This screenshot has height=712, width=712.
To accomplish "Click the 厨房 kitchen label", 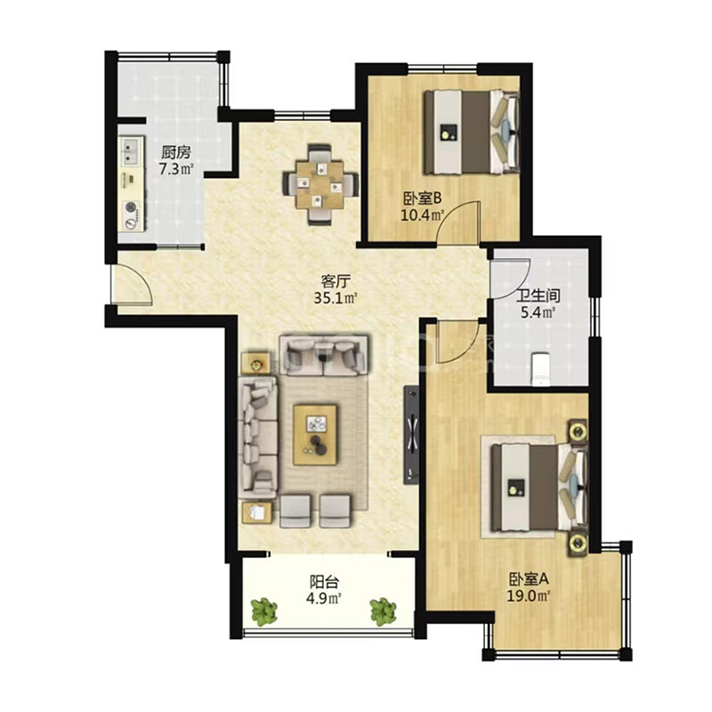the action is tap(175, 153).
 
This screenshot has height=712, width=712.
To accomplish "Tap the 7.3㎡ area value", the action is tap(176, 169).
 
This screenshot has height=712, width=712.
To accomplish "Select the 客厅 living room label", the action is tap(336, 282).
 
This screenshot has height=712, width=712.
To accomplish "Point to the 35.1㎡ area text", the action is tap(336, 298).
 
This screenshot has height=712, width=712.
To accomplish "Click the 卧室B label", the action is tap(422, 198).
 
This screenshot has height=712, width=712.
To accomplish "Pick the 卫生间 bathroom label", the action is tap(538, 296).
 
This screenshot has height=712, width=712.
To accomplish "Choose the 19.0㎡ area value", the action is tap(529, 595).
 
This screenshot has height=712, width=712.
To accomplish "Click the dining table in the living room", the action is tap(320, 184).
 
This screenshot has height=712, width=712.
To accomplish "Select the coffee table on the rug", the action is tap(315, 434).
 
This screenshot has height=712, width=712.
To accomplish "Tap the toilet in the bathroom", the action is tap(540, 368).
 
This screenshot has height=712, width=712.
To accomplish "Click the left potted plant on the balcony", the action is tap(263, 611).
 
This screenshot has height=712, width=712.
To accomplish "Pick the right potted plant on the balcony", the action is tap(384, 611).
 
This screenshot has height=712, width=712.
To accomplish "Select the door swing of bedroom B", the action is tap(457, 222).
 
